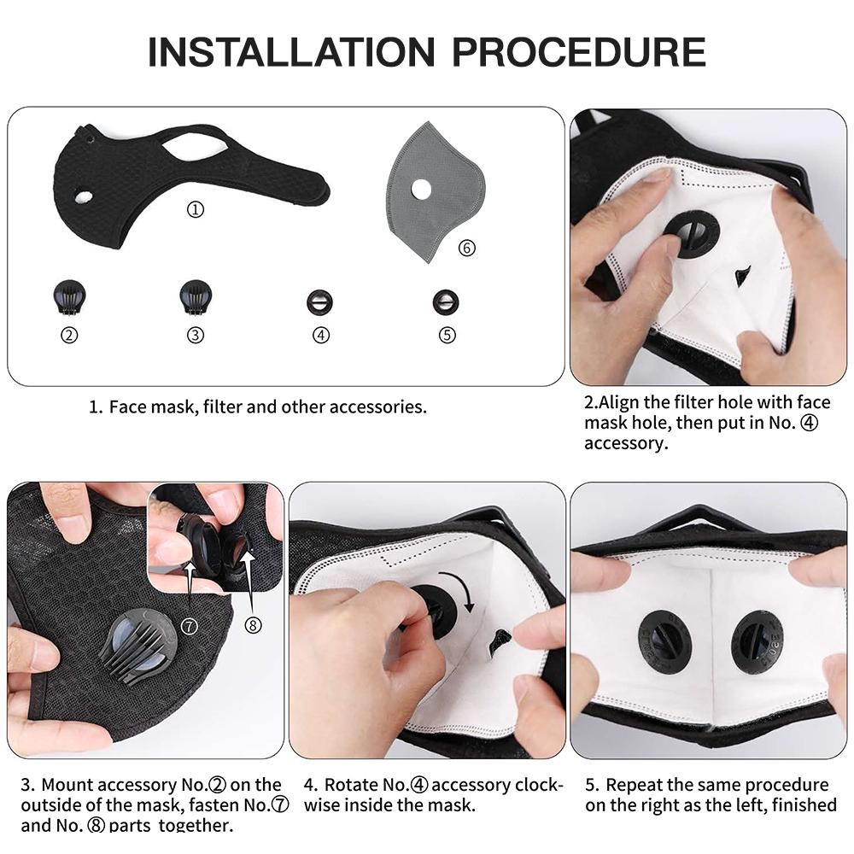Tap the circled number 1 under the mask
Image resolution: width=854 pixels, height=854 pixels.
pyautogui.click(x=196, y=209)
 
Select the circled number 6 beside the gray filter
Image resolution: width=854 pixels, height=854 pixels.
pyautogui.click(x=466, y=248)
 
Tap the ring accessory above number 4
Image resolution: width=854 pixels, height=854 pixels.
pyautogui.click(x=320, y=301)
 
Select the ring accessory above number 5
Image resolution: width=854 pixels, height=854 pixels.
pyautogui.click(x=446, y=301)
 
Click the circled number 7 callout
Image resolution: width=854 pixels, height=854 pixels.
pyautogui.click(x=190, y=626)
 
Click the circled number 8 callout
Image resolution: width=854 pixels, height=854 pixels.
pyautogui.click(x=253, y=626)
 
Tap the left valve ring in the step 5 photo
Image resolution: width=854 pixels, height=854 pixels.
pyautogui.click(x=665, y=640)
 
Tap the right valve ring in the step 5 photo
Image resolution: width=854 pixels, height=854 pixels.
pyautogui.click(x=757, y=640)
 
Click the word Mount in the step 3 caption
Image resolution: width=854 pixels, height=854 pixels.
pyautogui.click(x=67, y=785)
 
